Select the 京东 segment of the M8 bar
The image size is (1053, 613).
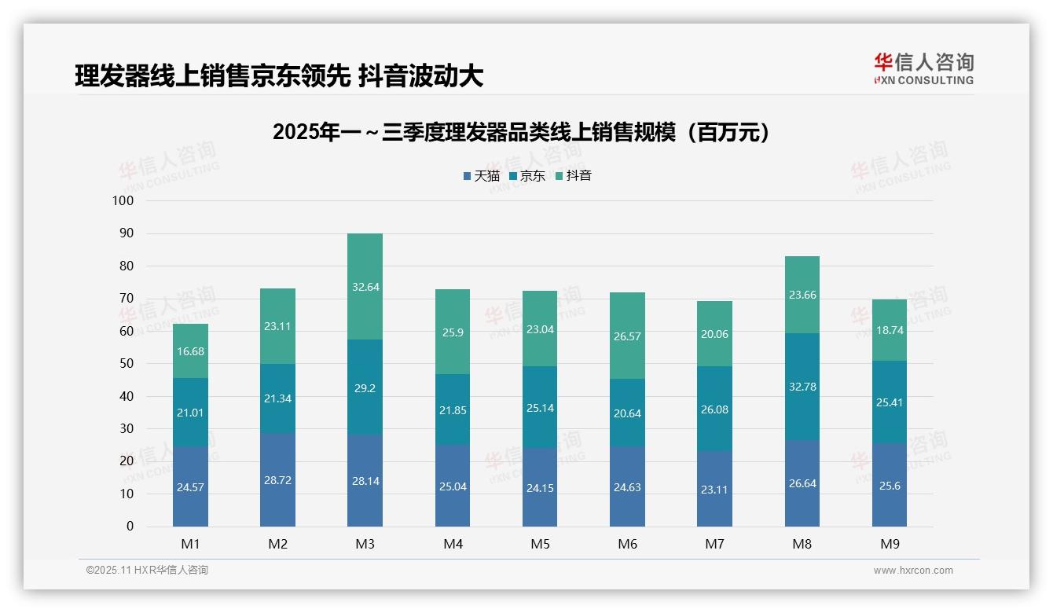[x=802, y=386]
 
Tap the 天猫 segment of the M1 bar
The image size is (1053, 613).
[x=190, y=486]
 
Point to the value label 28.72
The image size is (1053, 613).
[x=277, y=480]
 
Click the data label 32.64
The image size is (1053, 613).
[x=365, y=287]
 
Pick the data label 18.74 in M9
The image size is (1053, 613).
[x=889, y=330]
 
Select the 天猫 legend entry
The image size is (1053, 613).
[x=481, y=176]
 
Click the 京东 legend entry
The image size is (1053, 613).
[x=527, y=176]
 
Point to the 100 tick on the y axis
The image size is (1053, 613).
[x=123, y=201]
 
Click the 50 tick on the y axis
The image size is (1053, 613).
[x=126, y=364]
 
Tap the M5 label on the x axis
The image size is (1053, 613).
[x=540, y=544]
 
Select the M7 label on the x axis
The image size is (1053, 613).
[x=714, y=544]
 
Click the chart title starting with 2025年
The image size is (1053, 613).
[x=522, y=132]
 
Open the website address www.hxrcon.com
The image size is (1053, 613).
[x=912, y=571]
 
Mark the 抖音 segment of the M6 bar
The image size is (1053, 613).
[x=627, y=336]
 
